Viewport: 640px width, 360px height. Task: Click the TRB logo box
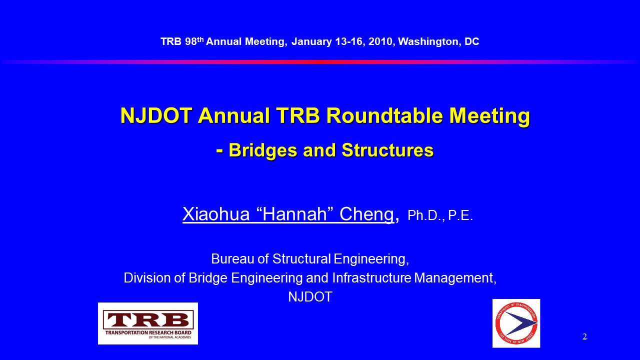(x=148, y=323)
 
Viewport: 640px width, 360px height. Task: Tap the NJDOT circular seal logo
(x=516, y=323)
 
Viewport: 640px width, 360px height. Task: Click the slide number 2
(x=584, y=336)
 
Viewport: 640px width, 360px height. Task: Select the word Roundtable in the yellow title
(x=384, y=115)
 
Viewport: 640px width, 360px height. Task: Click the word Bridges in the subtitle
(x=263, y=150)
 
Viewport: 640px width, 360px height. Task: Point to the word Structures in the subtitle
(x=387, y=150)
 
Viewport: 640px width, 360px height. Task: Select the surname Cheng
(x=367, y=214)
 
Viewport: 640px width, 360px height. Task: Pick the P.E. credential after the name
(x=460, y=215)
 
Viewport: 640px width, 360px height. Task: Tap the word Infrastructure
(x=371, y=277)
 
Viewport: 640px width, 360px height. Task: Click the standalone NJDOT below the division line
(x=310, y=297)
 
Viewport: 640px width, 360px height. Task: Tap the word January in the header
(x=311, y=41)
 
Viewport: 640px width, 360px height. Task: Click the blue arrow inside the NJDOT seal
(x=520, y=323)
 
